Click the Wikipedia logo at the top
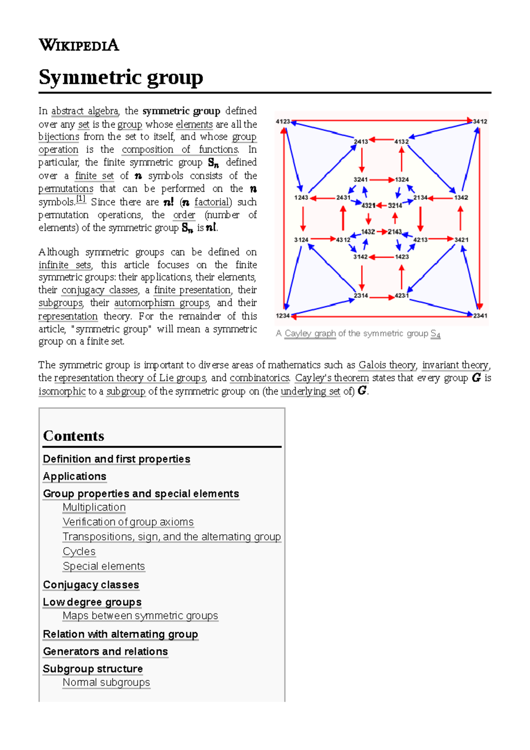point(79,45)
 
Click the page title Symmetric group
point(121,77)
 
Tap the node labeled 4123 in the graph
point(283,121)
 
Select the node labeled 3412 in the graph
point(480,121)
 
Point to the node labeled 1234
point(283,316)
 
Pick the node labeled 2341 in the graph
point(480,316)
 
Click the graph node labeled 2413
point(361,142)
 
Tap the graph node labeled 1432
point(368,231)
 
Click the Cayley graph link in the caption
point(310,333)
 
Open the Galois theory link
point(387,365)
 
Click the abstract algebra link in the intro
point(85,111)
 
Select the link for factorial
point(212,202)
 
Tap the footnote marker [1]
point(81,199)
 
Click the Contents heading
point(74,436)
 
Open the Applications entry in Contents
point(75,477)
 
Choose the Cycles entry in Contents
point(79,552)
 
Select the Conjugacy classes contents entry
point(91,585)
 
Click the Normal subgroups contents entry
point(106,682)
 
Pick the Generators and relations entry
point(106,652)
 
